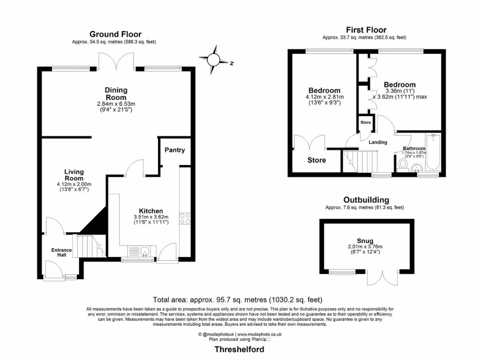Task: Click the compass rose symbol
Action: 214,59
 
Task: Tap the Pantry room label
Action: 174,150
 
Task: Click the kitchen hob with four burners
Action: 185,219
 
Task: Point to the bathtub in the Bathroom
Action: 433,153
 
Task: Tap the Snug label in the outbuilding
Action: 365,241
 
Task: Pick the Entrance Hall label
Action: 61,253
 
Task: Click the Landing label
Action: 377,142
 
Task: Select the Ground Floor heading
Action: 115,34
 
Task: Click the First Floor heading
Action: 366,30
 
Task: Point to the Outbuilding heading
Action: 366,199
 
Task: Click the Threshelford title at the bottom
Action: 239,349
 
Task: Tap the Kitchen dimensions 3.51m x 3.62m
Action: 150,217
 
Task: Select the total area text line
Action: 238,300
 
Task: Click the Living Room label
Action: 74,175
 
